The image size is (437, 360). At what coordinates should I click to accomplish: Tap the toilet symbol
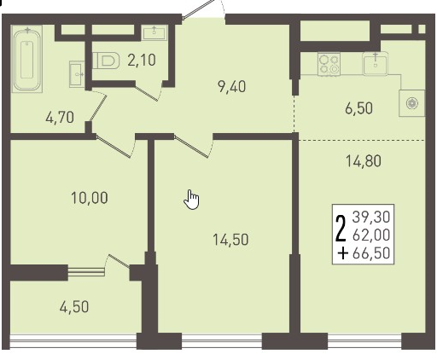[x=106, y=61]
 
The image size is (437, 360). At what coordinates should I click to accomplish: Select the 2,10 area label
[x=142, y=61]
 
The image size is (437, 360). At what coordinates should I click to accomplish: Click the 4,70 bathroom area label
[x=60, y=118]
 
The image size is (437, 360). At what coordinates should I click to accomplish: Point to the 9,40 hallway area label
[x=231, y=87]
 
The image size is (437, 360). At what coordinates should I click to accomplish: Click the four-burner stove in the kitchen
[x=329, y=65]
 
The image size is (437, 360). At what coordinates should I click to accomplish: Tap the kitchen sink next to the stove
[x=376, y=64]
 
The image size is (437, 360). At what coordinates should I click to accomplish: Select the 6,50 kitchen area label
[x=358, y=108]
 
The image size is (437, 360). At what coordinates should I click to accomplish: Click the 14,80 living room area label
[x=364, y=161]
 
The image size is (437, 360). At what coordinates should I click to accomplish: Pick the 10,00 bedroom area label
[x=90, y=198]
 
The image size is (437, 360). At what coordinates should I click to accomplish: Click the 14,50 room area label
[x=230, y=240]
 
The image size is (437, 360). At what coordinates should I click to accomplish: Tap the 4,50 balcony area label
[x=74, y=307]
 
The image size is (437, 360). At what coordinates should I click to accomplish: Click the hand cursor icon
[x=191, y=200]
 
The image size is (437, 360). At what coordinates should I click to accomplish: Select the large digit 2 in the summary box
[x=341, y=229]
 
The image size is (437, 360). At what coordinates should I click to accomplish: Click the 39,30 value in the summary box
[x=371, y=218]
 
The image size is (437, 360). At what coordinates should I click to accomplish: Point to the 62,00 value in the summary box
[x=371, y=235]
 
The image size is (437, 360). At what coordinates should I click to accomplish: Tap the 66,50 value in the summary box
[x=371, y=253]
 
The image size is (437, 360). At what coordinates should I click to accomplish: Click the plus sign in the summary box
[x=343, y=253]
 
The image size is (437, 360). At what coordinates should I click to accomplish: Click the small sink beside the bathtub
[x=77, y=74]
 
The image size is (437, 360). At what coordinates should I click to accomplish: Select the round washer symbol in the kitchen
[x=411, y=103]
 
